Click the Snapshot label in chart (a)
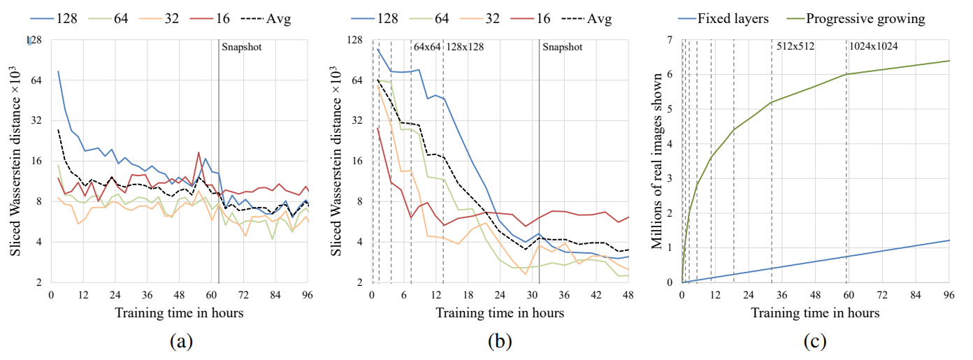(241, 47)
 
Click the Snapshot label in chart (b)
(562, 47)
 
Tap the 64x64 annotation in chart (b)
(427, 47)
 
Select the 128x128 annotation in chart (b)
(465, 47)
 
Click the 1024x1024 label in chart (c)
(874, 47)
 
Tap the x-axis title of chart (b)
(500, 312)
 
